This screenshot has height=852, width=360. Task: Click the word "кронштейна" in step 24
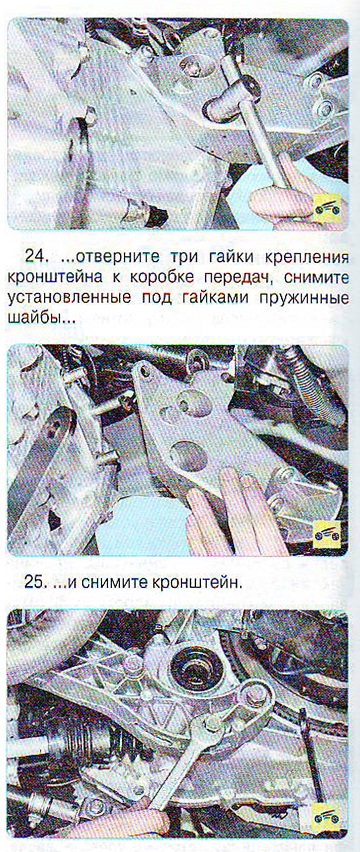click(52, 276)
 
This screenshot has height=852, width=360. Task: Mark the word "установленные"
click(63, 297)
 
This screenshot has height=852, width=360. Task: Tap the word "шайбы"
click(34, 317)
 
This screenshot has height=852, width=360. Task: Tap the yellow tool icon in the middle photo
click(328, 536)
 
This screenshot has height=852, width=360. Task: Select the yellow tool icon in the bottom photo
click(326, 816)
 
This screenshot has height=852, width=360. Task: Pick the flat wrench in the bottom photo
click(184, 756)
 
